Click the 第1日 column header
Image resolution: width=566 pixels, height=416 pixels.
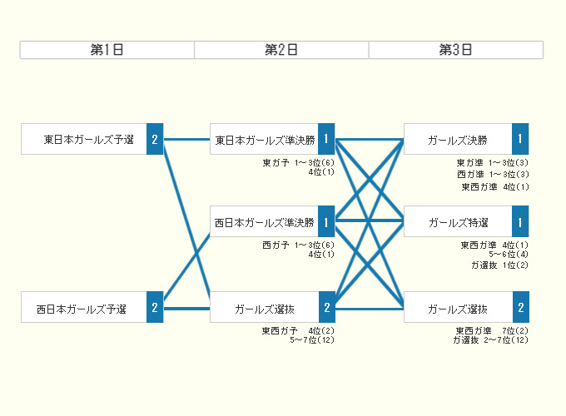point(107,50)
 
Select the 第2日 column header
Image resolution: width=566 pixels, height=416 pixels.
point(281,50)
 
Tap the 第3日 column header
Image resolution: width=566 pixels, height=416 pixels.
point(456,50)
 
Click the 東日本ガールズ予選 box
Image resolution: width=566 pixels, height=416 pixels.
point(84,139)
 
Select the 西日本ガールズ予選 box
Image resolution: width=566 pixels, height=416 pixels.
point(84,308)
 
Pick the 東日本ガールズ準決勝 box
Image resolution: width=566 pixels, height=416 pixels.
point(264,139)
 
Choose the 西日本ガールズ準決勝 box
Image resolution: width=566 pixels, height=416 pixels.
point(264,222)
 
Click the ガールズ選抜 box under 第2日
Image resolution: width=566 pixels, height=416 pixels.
point(264,308)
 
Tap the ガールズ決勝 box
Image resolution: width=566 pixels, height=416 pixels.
point(458,139)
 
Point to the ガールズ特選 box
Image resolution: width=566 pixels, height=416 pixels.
point(458,222)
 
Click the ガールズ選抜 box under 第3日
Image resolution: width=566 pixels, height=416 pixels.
point(458,308)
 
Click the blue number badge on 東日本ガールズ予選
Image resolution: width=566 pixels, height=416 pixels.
point(155,139)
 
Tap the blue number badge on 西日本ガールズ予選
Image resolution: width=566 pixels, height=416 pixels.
point(155,308)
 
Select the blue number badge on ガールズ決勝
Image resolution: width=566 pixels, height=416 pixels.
point(520,139)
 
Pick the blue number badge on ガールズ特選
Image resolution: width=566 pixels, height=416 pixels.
point(520,222)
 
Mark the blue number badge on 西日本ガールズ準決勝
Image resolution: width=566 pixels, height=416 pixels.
point(326,222)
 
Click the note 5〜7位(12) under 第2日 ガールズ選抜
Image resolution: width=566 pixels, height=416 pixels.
point(312,339)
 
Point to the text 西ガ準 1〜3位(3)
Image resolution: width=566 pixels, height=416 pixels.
point(493,175)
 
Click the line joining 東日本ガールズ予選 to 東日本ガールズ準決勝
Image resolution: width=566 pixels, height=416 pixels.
point(187,139)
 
